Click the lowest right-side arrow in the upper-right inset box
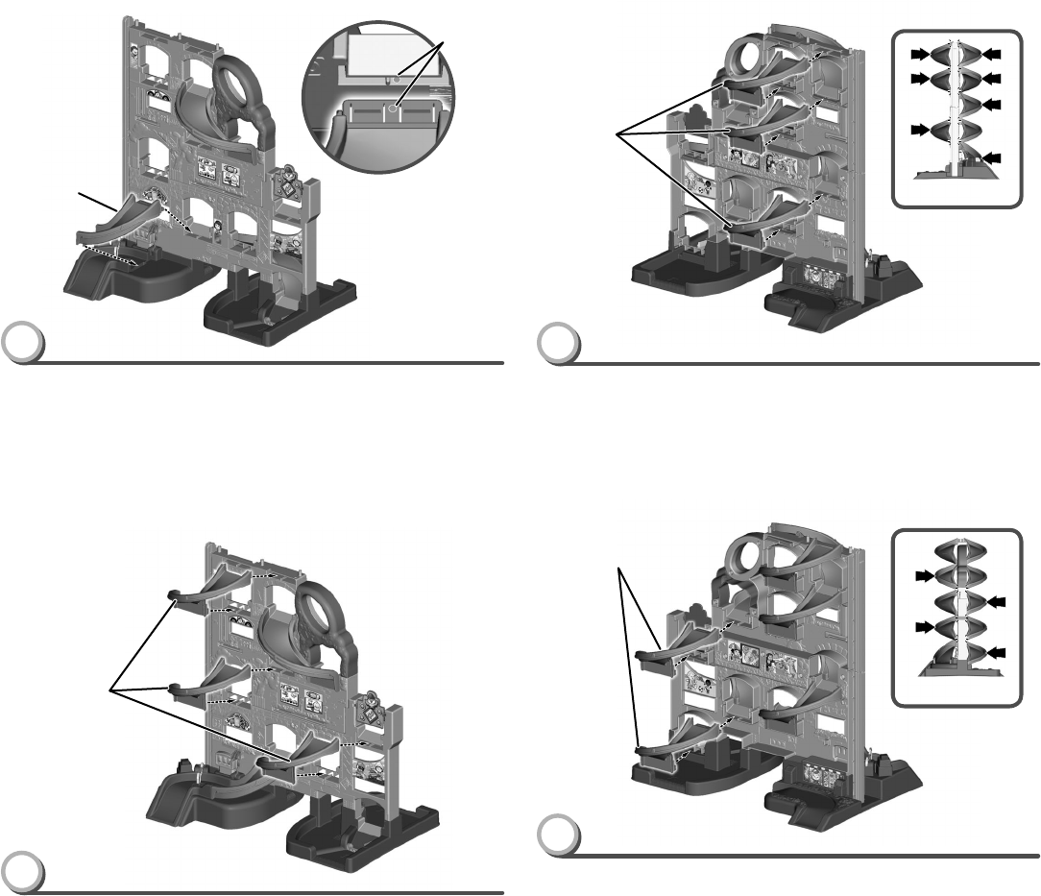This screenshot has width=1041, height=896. point(990,157)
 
